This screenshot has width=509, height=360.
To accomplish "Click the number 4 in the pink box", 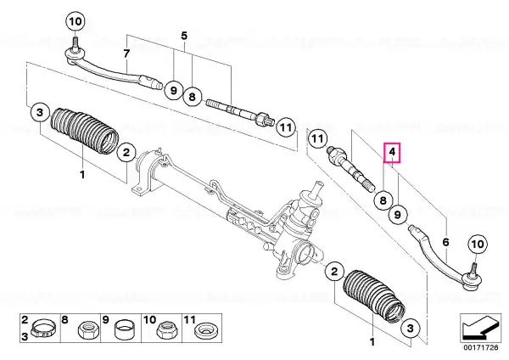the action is (x=392, y=152).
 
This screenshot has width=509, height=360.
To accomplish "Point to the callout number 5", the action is (x=184, y=36).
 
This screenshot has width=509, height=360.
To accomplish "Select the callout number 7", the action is (x=126, y=53).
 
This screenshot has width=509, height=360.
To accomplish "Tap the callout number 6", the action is (x=445, y=242).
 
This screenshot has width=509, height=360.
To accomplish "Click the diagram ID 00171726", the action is (x=481, y=347).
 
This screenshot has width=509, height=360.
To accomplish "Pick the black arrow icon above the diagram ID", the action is (x=480, y=327).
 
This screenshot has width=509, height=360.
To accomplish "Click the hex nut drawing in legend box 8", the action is (x=87, y=330).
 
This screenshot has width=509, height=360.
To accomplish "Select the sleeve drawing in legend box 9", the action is (x=124, y=329).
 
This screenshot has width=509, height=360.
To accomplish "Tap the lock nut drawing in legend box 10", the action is (x=165, y=330).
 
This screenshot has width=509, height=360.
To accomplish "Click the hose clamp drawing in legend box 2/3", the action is (x=42, y=328).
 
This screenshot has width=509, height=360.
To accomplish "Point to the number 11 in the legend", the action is (x=189, y=320).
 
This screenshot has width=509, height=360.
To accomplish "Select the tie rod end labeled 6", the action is (x=445, y=259).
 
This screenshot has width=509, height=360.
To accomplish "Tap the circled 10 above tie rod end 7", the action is (x=76, y=22).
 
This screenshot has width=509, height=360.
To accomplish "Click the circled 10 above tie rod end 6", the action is (x=478, y=244).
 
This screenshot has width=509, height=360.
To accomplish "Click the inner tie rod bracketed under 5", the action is (x=238, y=114).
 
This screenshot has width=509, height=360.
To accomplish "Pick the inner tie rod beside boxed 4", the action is (x=350, y=169).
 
